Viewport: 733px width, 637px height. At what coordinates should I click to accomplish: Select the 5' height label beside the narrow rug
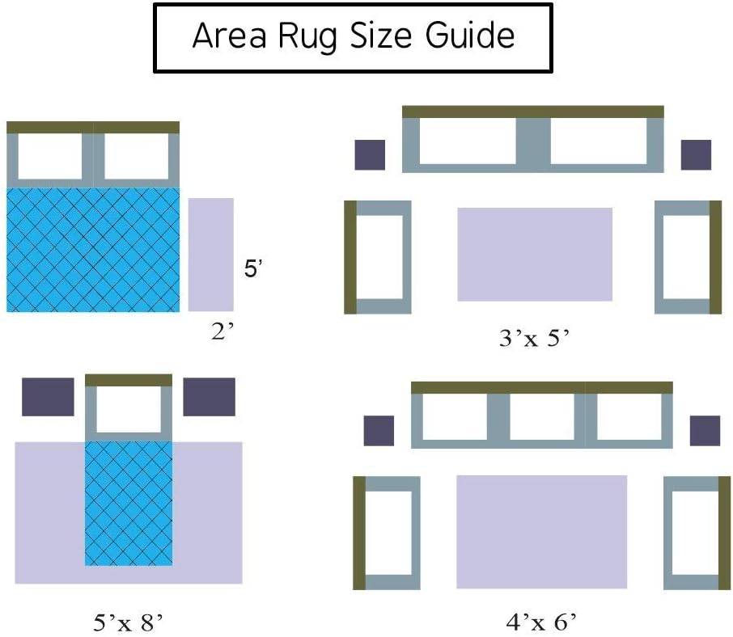253,269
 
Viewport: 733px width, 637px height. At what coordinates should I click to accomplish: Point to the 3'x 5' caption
535,339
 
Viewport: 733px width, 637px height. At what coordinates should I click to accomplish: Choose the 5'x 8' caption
129,622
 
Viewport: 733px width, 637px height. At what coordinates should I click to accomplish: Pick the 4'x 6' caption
540,622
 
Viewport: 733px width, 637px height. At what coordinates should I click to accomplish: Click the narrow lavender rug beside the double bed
211,254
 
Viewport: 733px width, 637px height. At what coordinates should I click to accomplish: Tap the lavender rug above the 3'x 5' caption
535,254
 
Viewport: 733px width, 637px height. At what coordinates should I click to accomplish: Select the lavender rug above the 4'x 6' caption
541,531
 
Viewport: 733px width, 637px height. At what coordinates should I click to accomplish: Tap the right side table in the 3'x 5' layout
696,154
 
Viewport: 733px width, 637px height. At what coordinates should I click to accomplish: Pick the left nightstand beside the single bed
48,397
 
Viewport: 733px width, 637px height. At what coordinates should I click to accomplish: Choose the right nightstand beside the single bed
209,397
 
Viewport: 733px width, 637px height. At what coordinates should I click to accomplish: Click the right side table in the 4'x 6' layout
705,431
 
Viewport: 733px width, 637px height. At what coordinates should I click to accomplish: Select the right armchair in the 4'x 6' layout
692,533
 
